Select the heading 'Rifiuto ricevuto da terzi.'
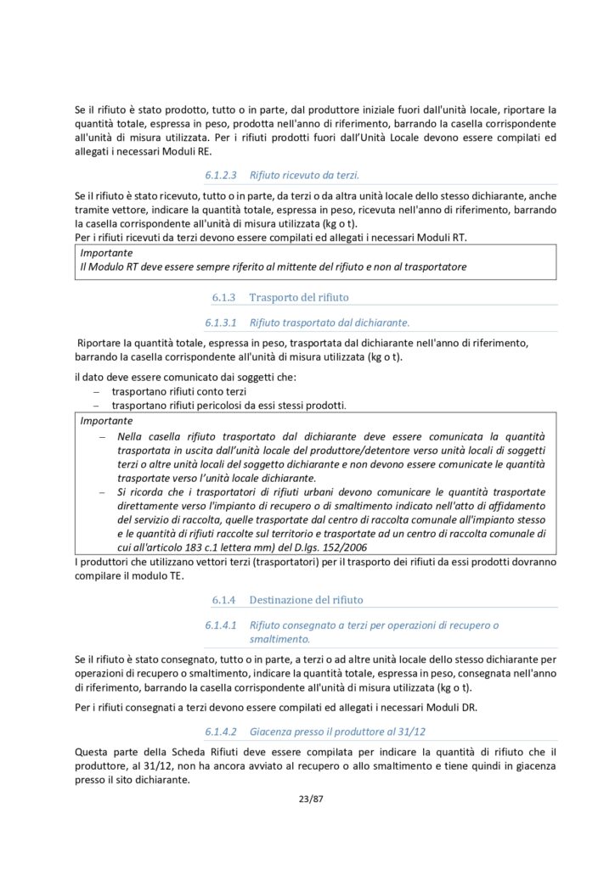click(304, 176)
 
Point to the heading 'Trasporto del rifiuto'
click(298, 297)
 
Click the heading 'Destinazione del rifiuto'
click(306, 599)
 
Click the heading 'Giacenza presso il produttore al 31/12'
click(338, 731)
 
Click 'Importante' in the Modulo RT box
click(106, 253)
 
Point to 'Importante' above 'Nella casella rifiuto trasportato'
click(106, 421)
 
